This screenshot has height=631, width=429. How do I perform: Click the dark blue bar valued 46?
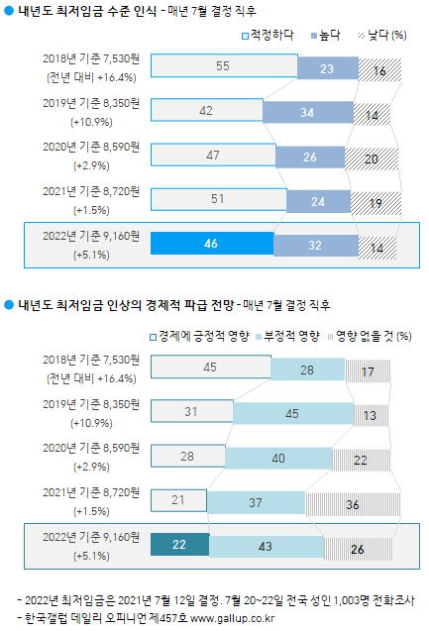(x=211, y=243)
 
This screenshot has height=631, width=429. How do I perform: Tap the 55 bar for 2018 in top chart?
(x=224, y=66)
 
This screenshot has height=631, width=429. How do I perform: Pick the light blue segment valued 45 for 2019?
(x=293, y=413)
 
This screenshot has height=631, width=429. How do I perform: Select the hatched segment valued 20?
(x=371, y=156)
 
